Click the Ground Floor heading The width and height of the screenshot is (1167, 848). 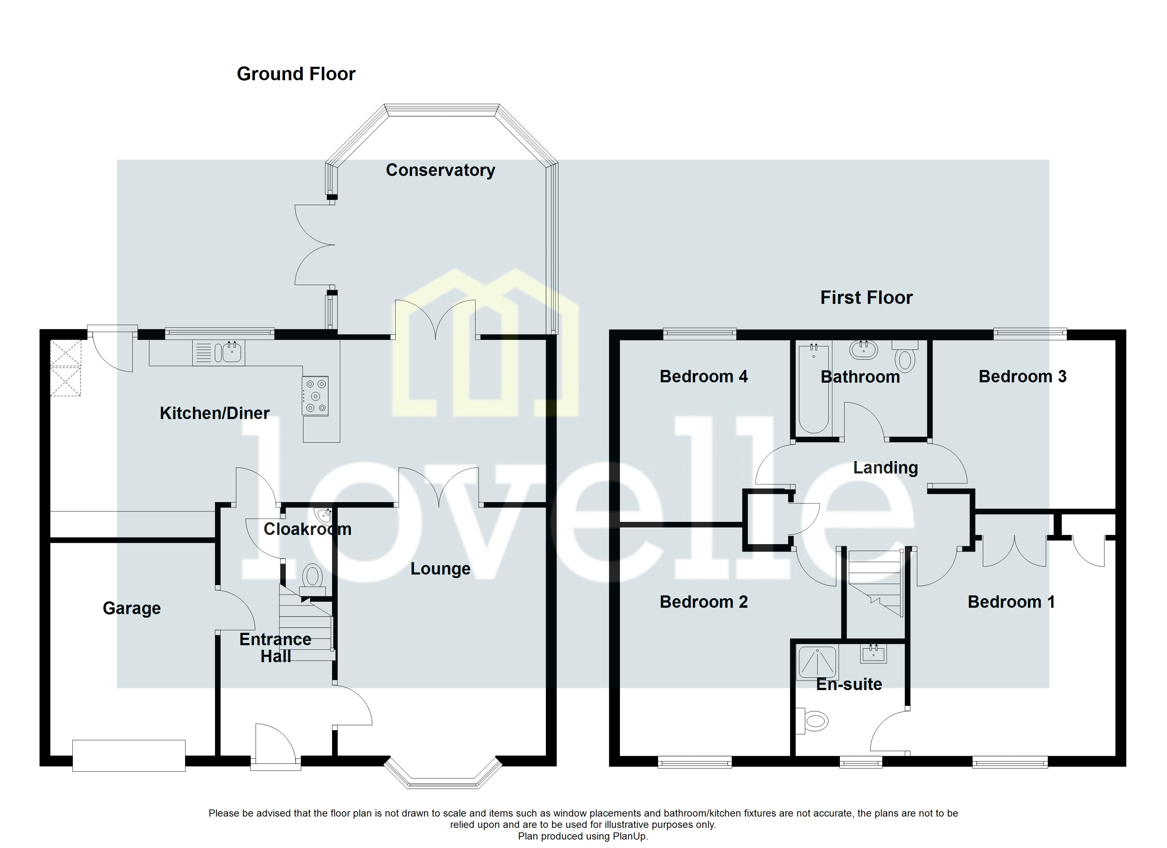[x=296, y=74]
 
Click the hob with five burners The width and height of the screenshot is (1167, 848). [x=315, y=396]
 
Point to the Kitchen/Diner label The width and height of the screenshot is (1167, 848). [x=215, y=413]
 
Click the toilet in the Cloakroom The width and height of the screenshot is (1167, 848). [x=312, y=576]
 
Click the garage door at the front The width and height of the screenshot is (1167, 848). [x=129, y=755]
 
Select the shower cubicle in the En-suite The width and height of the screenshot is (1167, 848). [x=818, y=662]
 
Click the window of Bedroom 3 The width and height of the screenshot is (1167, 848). [x=1030, y=334]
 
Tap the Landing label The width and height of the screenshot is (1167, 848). [x=885, y=467]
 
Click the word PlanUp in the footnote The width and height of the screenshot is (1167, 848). [x=629, y=836]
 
